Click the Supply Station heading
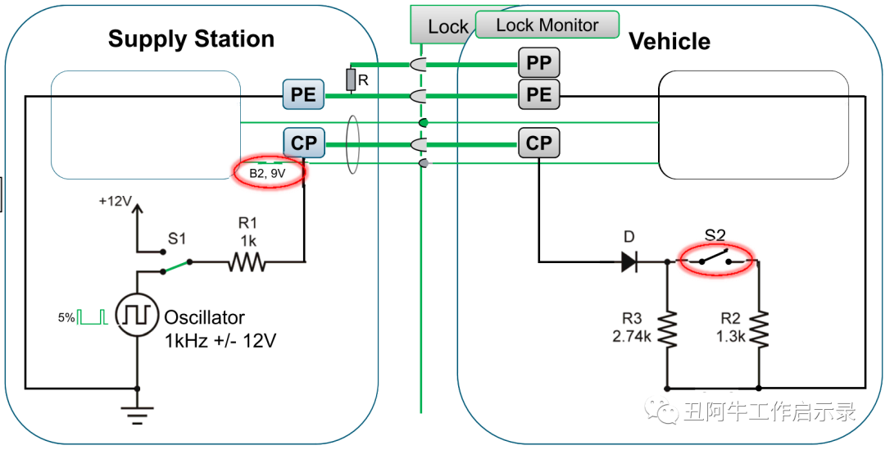pyautogui.click(x=191, y=39)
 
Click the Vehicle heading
pyautogui.click(x=669, y=42)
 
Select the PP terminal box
pyautogui.click(x=538, y=62)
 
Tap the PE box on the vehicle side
pyautogui.click(x=538, y=94)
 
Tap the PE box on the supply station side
pyautogui.click(x=303, y=94)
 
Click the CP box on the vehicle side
pyautogui.click(x=538, y=143)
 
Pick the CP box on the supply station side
pyautogui.click(x=303, y=143)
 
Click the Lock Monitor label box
pyautogui.click(x=547, y=25)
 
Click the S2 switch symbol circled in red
pyautogui.click(x=716, y=261)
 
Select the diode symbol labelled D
pyautogui.click(x=629, y=261)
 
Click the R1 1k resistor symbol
pyautogui.click(x=247, y=262)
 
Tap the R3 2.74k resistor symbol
pyautogui.click(x=669, y=328)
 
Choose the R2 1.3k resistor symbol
pyautogui.click(x=760, y=328)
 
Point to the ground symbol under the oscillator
pyautogui.click(x=136, y=414)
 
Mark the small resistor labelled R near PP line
pyautogui.click(x=352, y=80)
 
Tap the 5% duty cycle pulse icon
pyautogui.click(x=93, y=316)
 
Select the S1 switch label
pyautogui.click(x=177, y=239)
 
